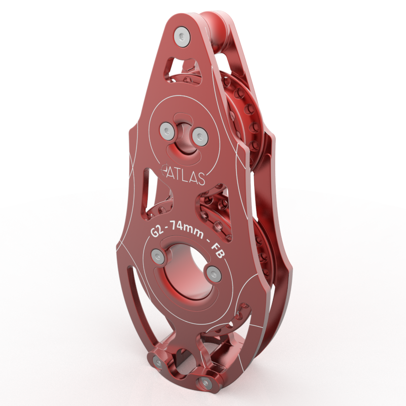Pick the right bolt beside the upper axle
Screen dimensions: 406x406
tap(199, 135)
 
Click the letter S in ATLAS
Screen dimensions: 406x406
tap(201, 180)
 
